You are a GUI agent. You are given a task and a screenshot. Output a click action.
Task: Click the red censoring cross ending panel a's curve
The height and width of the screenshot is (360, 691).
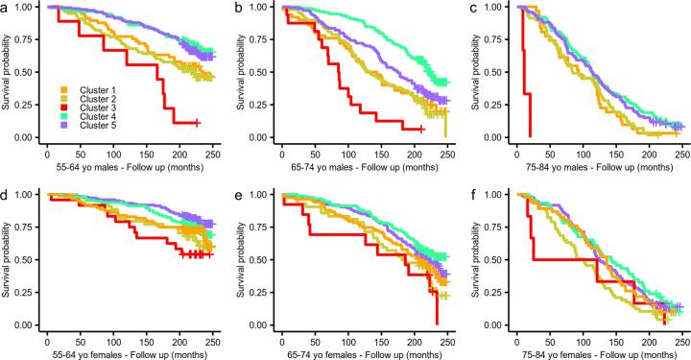tap(197, 123)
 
